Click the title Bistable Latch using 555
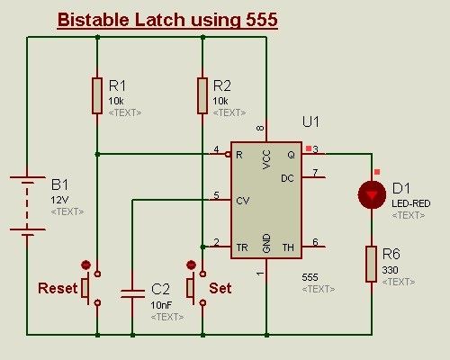(166, 20)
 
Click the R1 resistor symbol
(96, 95)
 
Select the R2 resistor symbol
(202, 95)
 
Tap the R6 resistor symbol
(372, 264)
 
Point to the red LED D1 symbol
(372, 193)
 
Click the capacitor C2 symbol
(132, 292)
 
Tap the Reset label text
(58, 289)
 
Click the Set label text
(220, 289)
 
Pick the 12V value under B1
(59, 199)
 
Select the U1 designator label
(310, 121)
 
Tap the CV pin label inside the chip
(243, 201)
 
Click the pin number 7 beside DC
(313, 171)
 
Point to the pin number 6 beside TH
(313, 240)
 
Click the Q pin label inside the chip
(291, 154)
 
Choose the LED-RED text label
(411, 203)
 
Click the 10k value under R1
(117, 101)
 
